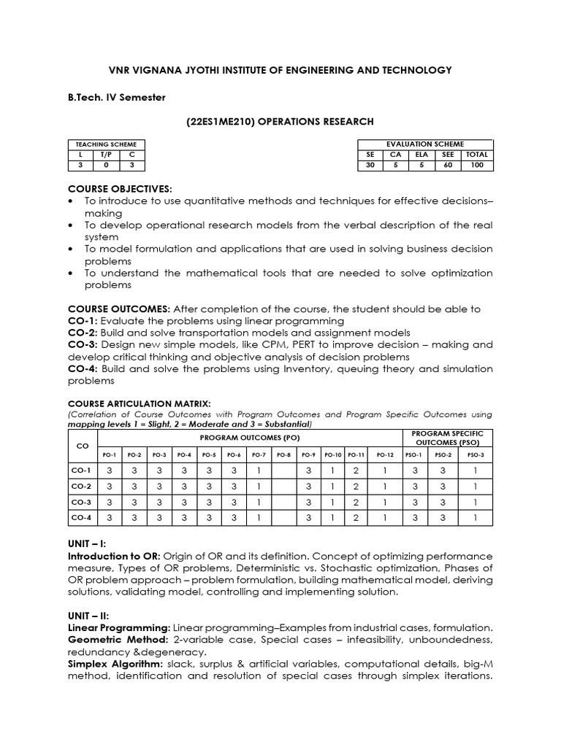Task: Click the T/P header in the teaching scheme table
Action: tap(107, 155)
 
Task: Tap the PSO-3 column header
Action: tap(475, 454)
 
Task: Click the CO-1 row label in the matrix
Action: tap(82, 471)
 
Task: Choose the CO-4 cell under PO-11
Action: tap(356, 518)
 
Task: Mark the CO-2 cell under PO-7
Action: tap(258, 487)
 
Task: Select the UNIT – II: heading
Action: tap(91, 616)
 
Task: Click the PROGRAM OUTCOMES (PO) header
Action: tap(250, 438)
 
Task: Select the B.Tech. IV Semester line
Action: tap(117, 97)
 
